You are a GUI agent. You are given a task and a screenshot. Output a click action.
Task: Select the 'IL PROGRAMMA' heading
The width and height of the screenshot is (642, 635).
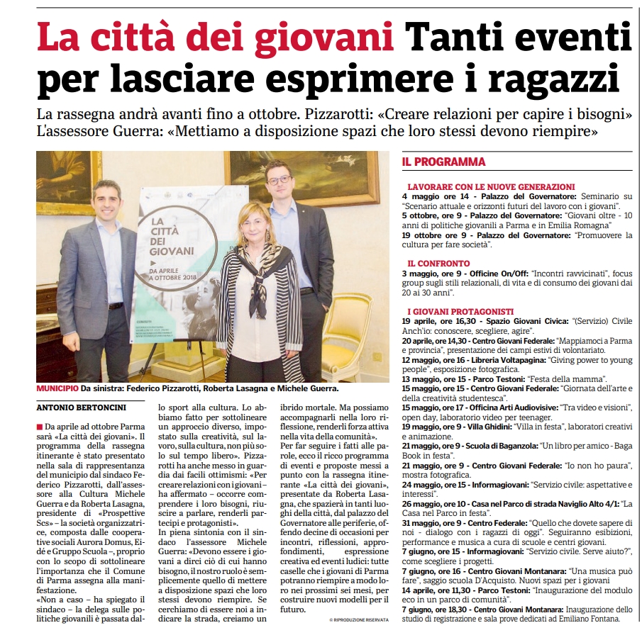click(443, 162)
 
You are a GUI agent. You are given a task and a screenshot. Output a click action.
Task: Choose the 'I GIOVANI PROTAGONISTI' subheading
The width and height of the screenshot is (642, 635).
click(460, 311)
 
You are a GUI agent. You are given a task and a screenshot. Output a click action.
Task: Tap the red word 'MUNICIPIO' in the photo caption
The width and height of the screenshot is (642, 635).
click(57, 388)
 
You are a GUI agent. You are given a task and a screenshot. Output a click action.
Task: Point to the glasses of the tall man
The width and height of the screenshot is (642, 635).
click(280, 181)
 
